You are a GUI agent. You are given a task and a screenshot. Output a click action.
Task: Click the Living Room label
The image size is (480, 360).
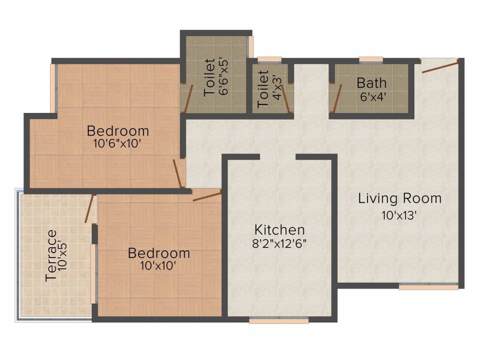click(399, 198)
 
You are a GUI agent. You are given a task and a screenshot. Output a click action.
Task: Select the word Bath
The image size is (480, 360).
click(372, 83)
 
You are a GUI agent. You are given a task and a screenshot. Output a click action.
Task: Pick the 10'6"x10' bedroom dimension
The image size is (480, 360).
click(118, 144)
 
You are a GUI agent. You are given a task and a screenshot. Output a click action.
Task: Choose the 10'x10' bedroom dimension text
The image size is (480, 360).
click(159, 266)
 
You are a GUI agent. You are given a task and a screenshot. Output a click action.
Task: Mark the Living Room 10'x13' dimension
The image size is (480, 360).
click(399, 216)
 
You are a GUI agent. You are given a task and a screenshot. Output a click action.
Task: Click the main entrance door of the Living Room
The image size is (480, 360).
click(440, 67)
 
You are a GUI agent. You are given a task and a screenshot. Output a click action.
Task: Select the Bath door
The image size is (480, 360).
click(335, 99)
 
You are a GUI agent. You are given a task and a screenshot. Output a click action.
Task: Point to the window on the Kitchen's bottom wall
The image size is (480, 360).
click(278, 321)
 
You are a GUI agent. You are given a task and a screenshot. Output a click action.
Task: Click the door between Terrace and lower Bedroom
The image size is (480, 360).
click(90, 209)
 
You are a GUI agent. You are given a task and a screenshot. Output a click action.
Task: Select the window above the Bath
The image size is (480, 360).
click(371, 60)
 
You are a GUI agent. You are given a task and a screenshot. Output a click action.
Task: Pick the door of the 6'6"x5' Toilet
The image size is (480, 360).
click(188, 99)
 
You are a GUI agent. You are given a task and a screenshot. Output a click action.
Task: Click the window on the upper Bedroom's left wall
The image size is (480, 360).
click(53, 88)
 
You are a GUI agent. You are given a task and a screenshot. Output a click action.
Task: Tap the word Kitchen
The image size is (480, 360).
click(279, 230)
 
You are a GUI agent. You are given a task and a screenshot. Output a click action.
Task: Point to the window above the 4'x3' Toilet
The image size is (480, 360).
click(269, 60)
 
